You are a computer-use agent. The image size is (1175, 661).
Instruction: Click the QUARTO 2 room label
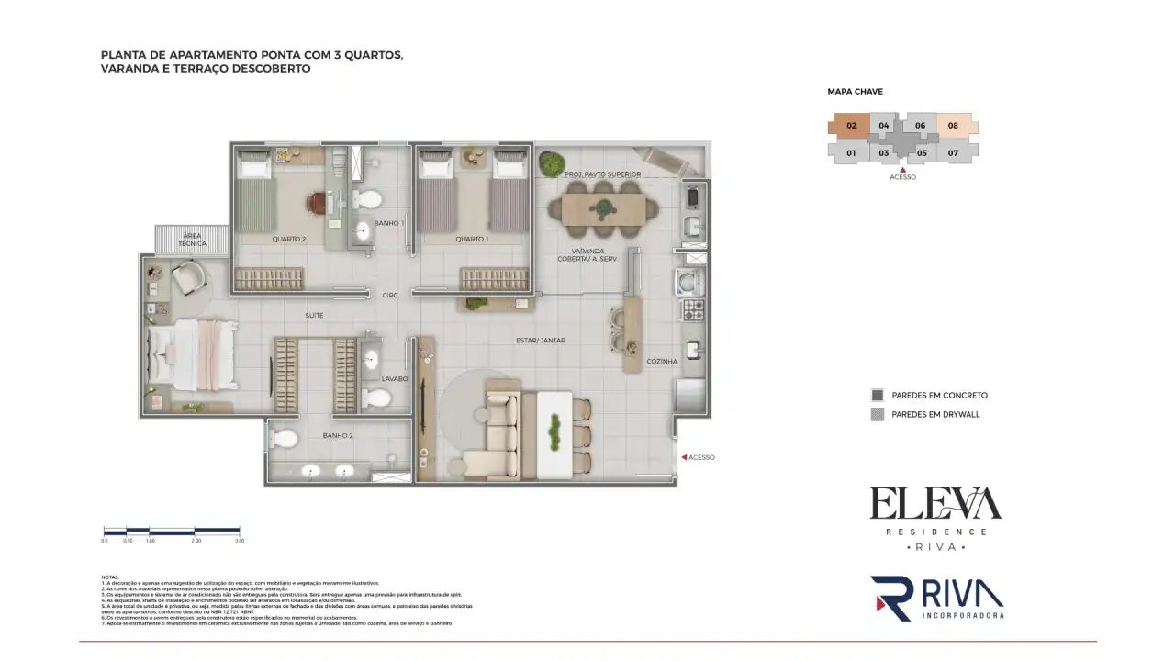(288, 240)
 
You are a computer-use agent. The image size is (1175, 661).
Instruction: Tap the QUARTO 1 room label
(472, 240)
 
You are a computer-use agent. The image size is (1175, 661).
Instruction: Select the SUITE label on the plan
(314, 316)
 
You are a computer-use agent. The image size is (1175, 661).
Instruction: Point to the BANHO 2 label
(338, 436)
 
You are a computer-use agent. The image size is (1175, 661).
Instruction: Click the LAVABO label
(395, 378)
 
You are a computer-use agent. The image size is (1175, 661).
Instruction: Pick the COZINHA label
(661, 362)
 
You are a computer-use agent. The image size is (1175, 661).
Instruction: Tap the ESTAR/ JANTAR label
(540, 341)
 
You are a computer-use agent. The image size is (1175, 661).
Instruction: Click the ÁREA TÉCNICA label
(192, 240)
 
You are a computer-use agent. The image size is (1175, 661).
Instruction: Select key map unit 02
(851, 126)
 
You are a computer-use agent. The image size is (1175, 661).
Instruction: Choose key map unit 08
(954, 126)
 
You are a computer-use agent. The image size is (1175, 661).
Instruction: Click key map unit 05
(922, 153)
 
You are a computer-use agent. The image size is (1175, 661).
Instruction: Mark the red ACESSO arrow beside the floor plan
(682, 457)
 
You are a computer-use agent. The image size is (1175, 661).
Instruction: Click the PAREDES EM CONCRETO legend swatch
(877, 396)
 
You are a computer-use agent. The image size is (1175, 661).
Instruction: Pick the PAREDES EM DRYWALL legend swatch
(877, 415)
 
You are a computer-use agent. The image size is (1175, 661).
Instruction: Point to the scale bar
(173, 531)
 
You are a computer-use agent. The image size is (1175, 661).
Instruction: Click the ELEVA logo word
(934, 504)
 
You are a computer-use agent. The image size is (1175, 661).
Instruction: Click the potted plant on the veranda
(551, 163)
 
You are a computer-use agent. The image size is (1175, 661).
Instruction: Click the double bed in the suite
(191, 353)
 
